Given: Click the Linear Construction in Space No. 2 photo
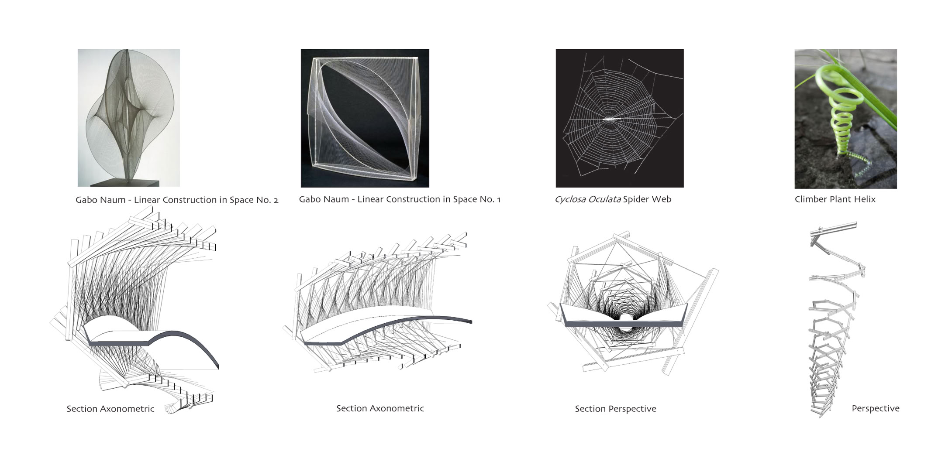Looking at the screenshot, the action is (129, 118).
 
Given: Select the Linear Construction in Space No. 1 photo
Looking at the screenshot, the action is (365, 118).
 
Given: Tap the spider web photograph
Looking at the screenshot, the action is (620, 118).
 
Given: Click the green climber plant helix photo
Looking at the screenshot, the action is (845, 119).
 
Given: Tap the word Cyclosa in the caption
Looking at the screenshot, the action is (570, 199).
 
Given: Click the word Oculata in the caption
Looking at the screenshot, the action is (604, 199).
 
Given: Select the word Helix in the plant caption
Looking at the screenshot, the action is (865, 199).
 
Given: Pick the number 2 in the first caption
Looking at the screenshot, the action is (276, 200).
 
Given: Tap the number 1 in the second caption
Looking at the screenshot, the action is (498, 199).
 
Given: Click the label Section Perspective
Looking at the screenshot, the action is (615, 409).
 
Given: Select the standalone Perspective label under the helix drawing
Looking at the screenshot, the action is (876, 409).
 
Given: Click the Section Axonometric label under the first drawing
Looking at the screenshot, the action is (110, 409).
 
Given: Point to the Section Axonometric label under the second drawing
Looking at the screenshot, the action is (380, 408).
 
